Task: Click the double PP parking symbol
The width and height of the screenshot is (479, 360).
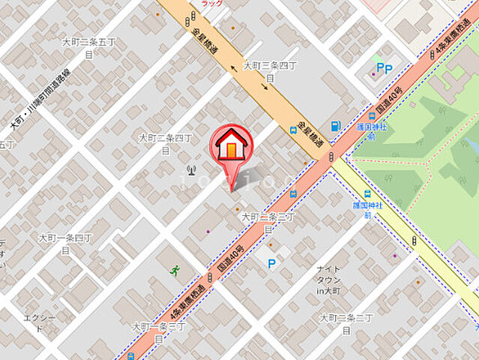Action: pos(385,68)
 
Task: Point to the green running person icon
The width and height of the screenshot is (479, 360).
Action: pos(175,270)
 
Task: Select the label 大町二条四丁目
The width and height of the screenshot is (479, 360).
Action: pos(166,143)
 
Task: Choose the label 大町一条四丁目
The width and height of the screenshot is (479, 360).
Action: pos(65,243)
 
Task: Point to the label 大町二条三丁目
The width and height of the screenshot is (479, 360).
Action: pos(268,221)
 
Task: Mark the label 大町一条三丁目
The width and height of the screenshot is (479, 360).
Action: pos(158,331)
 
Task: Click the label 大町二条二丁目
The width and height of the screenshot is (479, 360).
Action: pos(346,323)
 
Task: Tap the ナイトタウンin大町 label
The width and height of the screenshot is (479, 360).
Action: pos(328,279)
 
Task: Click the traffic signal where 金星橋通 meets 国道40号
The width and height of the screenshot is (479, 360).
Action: pos(330,156)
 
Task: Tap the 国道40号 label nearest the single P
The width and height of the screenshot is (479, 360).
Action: pos(231,257)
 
